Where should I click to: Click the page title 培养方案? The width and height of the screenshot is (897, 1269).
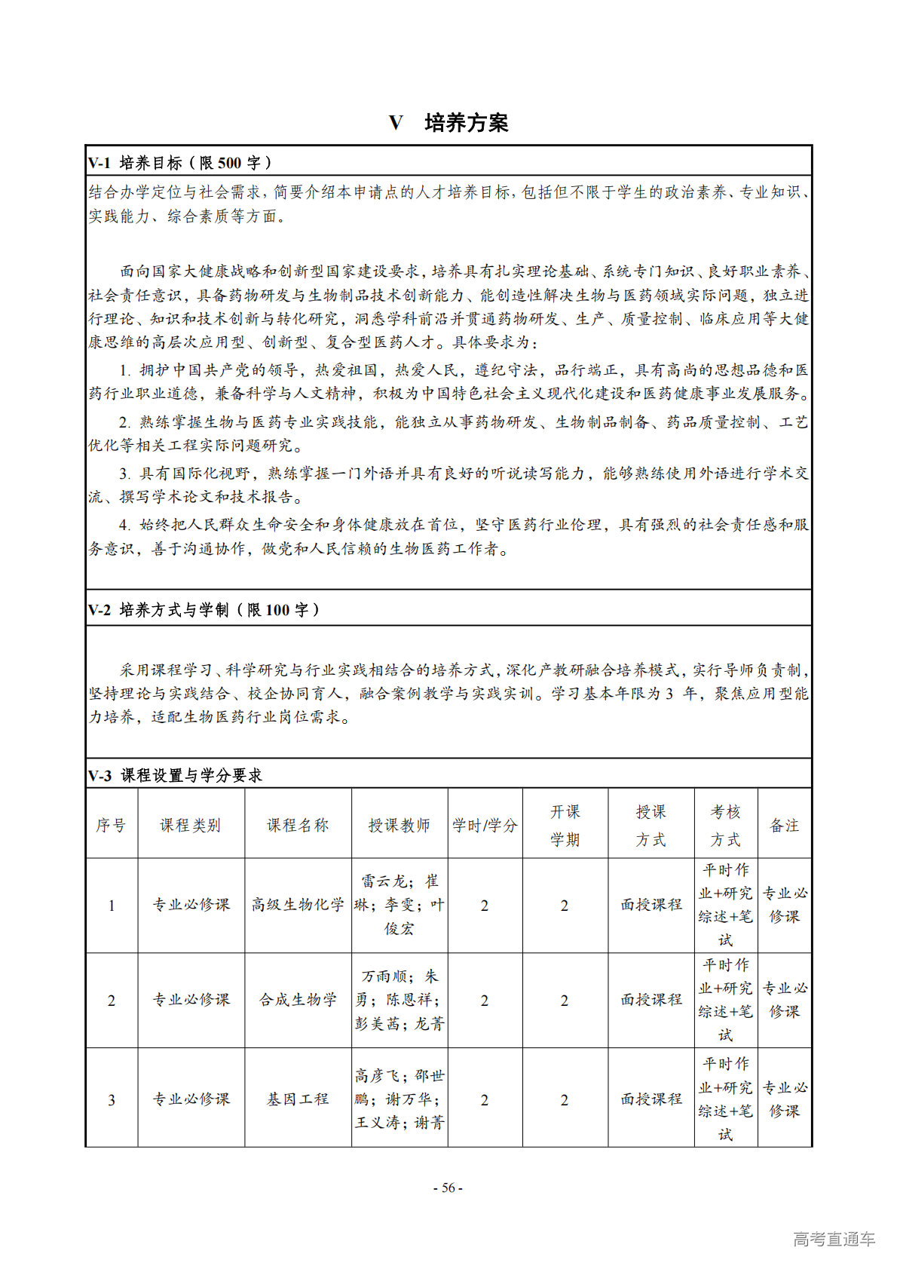click(x=466, y=123)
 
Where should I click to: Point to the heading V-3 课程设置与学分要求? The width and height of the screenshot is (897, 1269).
click(x=175, y=775)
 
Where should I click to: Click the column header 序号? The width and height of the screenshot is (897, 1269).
click(x=111, y=825)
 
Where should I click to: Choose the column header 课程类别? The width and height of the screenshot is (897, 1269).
click(x=190, y=825)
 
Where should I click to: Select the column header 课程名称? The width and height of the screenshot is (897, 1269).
click(x=298, y=825)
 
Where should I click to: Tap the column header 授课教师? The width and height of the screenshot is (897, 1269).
click(x=399, y=825)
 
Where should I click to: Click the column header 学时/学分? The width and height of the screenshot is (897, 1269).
click(x=485, y=825)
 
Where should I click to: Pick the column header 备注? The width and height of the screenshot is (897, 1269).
click(x=784, y=825)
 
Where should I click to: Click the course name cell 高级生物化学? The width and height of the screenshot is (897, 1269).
click(x=298, y=905)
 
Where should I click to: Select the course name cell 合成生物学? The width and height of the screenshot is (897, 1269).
click(x=298, y=1000)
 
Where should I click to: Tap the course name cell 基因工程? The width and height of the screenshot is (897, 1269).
click(x=298, y=1099)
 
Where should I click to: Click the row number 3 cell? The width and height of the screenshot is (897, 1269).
click(x=112, y=1100)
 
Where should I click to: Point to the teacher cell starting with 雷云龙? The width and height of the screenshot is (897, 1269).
click(x=399, y=905)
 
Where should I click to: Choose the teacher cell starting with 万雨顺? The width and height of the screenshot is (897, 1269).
click(x=399, y=1000)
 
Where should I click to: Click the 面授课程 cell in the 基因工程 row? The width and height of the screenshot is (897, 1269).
click(x=651, y=1099)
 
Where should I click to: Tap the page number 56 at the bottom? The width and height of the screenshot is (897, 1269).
click(x=448, y=1188)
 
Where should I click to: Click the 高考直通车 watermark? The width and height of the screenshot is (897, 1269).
click(x=834, y=1239)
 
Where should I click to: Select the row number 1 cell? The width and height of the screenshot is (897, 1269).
click(x=112, y=906)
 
